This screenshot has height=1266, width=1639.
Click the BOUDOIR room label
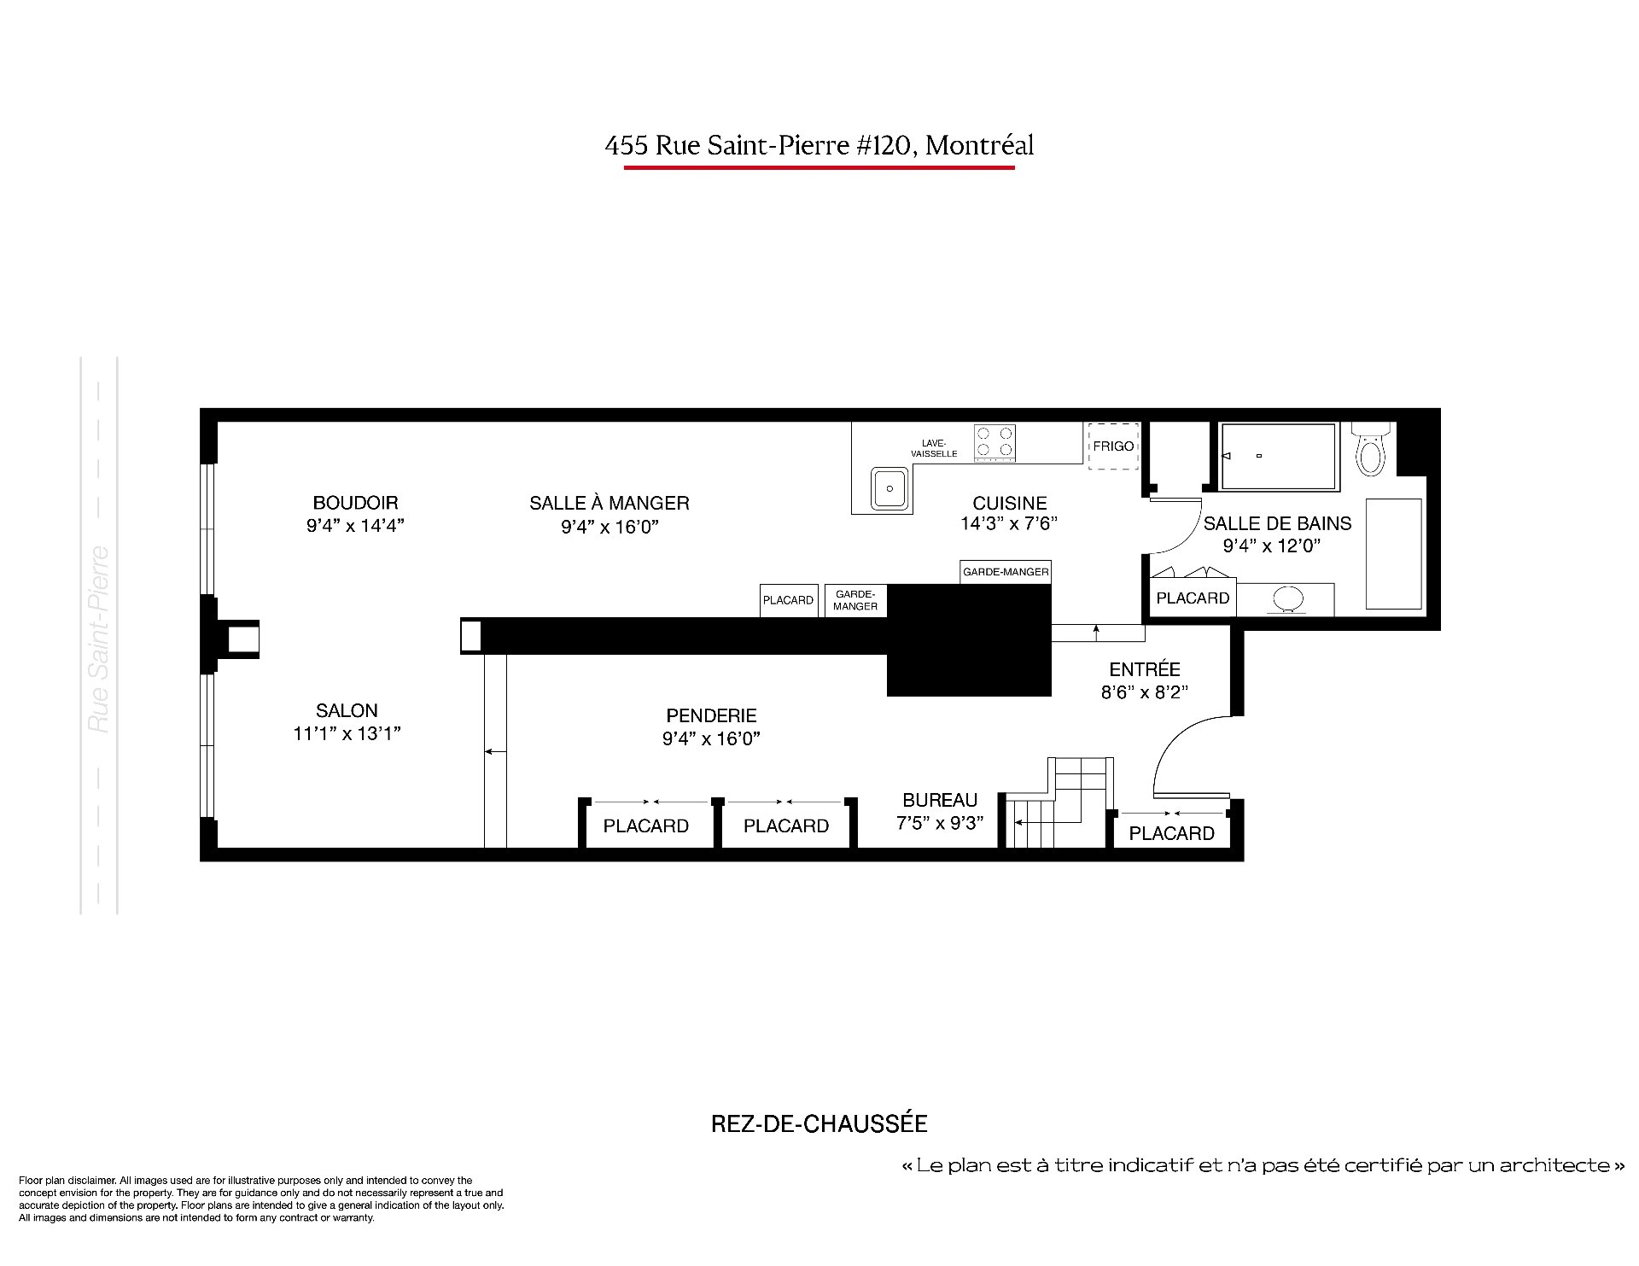click(355, 503)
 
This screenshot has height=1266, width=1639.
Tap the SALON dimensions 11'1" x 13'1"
click(347, 733)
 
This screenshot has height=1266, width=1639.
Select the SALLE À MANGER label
click(610, 503)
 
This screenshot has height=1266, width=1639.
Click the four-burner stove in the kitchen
click(995, 443)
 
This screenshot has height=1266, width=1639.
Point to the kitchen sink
click(889, 489)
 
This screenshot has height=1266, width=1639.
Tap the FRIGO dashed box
click(1113, 446)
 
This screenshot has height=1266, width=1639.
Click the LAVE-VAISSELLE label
click(934, 448)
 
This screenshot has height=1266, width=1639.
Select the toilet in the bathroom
click(1371, 449)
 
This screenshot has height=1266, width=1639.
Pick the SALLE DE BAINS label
click(1277, 523)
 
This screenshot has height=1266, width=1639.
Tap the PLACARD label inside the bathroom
click(1193, 598)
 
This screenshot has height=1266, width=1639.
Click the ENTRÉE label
click(1145, 669)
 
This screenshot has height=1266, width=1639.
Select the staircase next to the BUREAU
click(1059, 802)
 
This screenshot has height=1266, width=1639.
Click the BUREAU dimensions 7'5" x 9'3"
click(940, 823)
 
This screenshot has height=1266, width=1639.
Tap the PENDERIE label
click(711, 715)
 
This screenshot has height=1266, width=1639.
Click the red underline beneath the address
click(819, 168)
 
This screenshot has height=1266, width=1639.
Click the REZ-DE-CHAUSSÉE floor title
click(819, 1123)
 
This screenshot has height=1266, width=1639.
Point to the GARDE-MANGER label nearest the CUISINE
click(1006, 572)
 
